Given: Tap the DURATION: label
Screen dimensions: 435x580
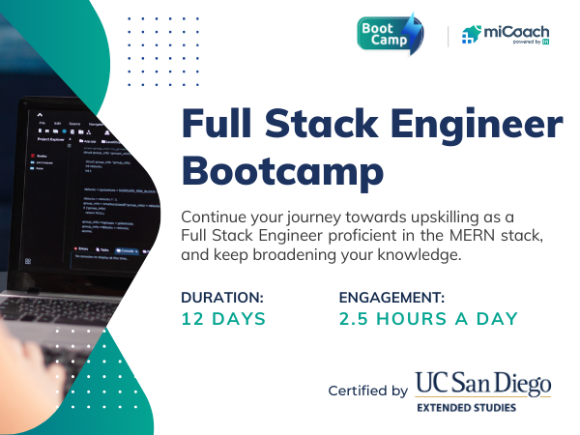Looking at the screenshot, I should coord(222,298).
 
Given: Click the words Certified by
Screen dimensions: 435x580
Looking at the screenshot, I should coord(367,391).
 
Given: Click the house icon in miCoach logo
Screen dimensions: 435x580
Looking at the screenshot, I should coord(471,36).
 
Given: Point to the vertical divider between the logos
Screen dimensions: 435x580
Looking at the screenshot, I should coord(449,36).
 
